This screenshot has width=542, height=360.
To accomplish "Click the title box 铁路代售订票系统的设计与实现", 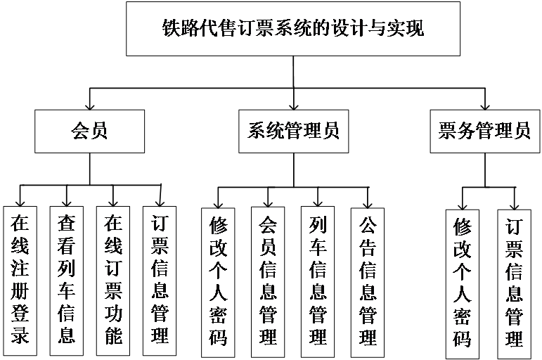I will click(293, 29).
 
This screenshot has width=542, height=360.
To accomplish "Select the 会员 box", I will click(89, 131).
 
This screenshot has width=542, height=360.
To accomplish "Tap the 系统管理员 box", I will click(293, 131).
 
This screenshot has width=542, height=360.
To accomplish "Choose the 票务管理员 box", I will click(484, 131).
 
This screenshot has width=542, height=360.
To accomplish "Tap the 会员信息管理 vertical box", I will click(268, 281).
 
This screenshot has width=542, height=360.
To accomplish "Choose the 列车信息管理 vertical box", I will click(318, 281).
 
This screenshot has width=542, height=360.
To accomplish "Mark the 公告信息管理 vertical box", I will click(368, 281).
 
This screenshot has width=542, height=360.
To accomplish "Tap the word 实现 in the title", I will click(410, 30).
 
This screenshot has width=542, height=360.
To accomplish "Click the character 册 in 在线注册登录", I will click(20, 290).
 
